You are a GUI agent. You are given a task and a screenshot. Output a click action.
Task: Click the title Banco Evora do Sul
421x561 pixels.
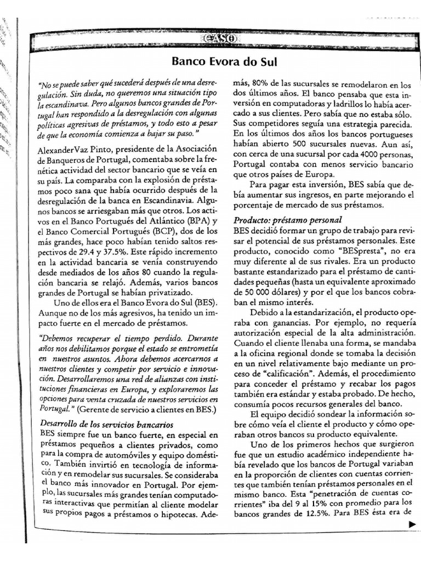[x=224, y=61]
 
